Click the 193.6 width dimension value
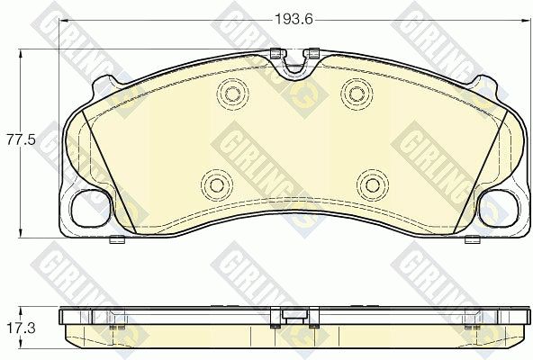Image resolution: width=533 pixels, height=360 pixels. pyautogui.click(x=294, y=20)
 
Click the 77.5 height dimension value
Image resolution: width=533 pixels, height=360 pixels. pyautogui.click(x=21, y=140)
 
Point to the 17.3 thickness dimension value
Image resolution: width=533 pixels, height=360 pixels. pyautogui.click(x=21, y=328)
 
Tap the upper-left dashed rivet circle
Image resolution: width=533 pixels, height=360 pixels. pyautogui.click(x=232, y=94)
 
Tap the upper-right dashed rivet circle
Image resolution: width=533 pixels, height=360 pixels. pyautogui.click(x=357, y=94)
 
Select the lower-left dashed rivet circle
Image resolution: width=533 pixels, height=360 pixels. pyautogui.click(x=216, y=184)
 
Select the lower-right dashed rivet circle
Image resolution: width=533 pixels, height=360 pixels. pyautogui.click(x=372, y=184)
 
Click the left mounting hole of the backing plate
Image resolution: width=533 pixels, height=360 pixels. pyautogui.click(x=92, y=209)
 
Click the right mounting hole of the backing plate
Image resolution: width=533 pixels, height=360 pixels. pyautogui.click(x=499, y=209)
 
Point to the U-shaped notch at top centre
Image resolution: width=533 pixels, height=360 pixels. pyautogui.click(x=294, y=67)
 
